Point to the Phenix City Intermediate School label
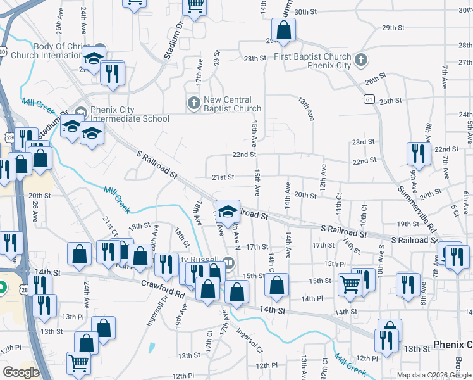pyautogui.click(x=130, y=114)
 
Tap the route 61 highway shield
pyautogui.click(x=369, y=99)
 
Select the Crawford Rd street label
pyautogui.click(x=163, y=289)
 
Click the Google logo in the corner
pyautogui.click(x=21, y=372)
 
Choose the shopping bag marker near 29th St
pyautogui.click(x=284, y=29)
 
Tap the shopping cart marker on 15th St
pyautogui.click(x=349, y=284)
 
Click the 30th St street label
pyautogui.click(x=305, y=12)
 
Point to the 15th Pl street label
pyautogui.click(x=335, y=263)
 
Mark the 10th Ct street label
pyautogui.click(x=364, y=213)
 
